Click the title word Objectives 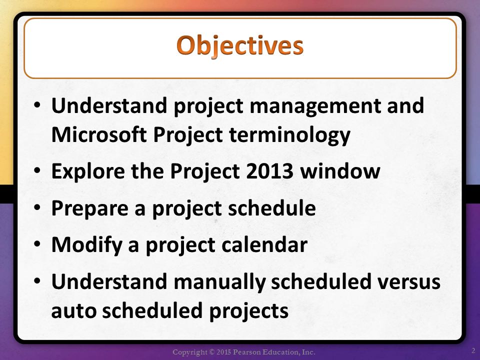pos(240,46)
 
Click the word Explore pos(88,171)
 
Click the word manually pos(219,282)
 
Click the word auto pos(73,311)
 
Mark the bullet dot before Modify pos(37,244)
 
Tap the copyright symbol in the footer pos(211,352)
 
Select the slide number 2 pos(473,350)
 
